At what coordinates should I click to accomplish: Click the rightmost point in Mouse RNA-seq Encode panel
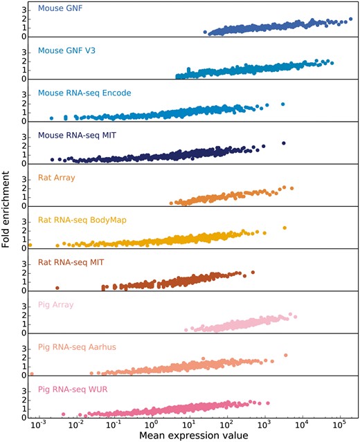click(x=282, y=104)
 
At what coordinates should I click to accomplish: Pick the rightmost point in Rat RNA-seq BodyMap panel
click(x=284, y=228)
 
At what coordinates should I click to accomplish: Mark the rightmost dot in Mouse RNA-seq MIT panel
click(x=283, y=143)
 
